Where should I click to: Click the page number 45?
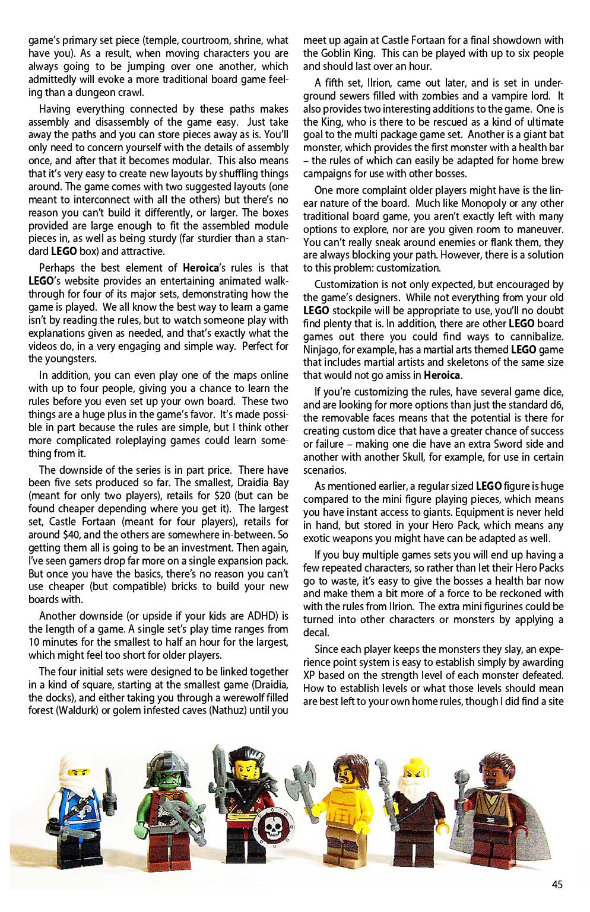point(557,884)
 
